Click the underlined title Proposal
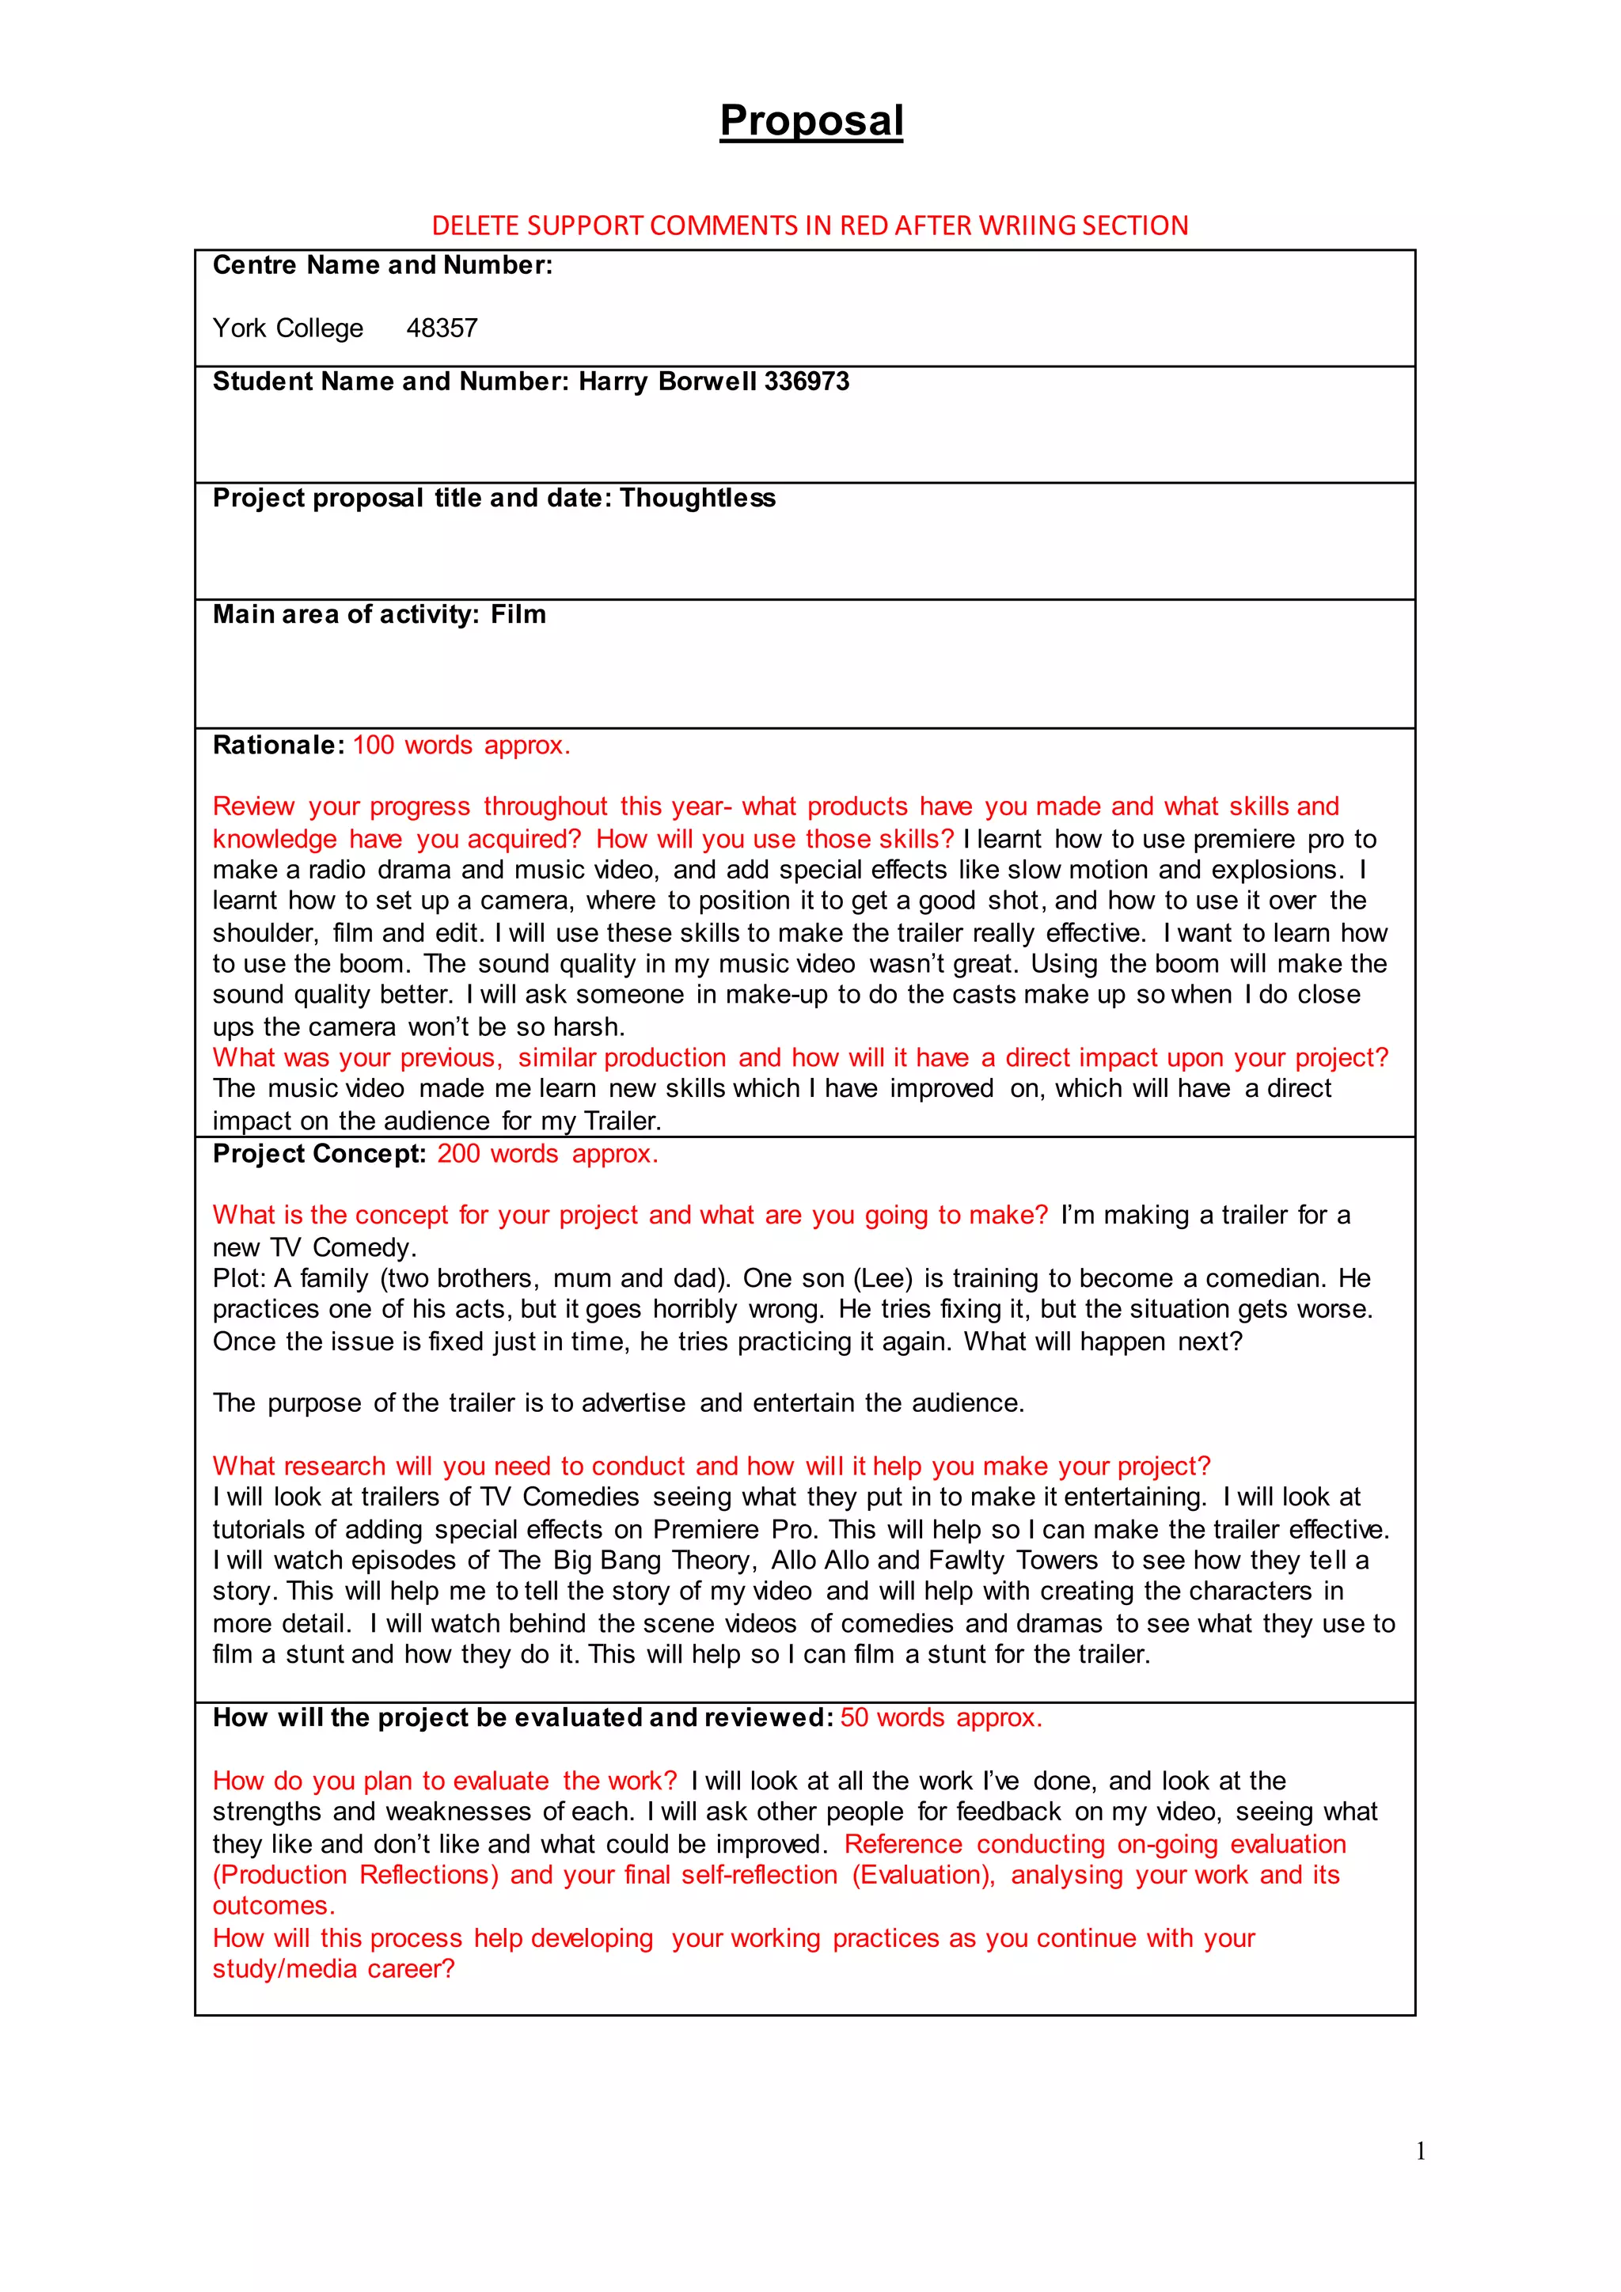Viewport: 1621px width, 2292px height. (810, 121)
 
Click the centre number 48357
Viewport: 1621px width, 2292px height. (442, 328)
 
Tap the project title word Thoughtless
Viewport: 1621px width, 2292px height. (697, 498)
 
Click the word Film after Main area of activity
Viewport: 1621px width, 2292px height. (518, 615)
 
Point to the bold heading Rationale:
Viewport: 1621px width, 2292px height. (279, 746)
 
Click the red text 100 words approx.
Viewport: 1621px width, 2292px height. (461, 746)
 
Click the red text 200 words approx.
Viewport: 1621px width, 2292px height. (547, 1154)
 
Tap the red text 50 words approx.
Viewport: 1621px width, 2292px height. (940, 1718)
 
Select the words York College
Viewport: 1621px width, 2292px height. (287, 328)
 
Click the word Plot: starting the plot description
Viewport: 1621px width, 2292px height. (240, 1279)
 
